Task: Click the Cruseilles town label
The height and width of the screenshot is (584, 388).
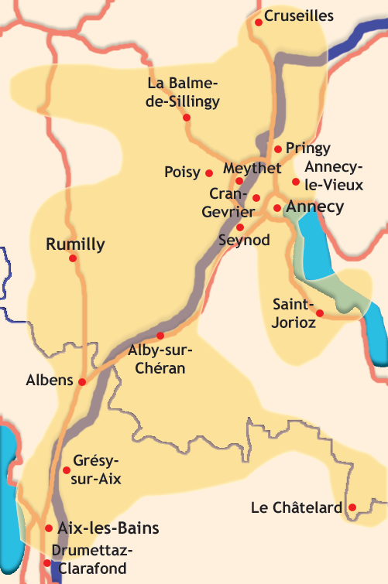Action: [x=299, y=15]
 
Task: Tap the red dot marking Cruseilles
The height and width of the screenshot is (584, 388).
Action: [x=259, y=22]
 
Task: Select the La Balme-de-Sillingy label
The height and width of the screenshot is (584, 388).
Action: [x=184, y=92]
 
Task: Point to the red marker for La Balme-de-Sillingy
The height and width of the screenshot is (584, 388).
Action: [x=187, y=118]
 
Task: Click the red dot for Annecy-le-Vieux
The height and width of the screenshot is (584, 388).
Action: [x=296, y=182]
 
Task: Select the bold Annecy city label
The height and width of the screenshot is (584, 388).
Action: [x=314, y=207]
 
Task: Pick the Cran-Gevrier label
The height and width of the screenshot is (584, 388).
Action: [x=227, y=200]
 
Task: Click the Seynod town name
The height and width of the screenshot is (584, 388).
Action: [x=244, y=241]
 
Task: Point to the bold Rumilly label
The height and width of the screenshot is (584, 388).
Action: [x=75, y=245]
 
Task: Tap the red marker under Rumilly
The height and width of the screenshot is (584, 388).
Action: [x=74, y=258]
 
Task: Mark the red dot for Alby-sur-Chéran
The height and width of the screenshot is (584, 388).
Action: [x=160, y=336]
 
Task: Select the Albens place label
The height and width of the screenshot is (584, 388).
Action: [x=50, y=381]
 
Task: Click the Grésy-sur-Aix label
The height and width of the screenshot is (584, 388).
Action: [x=97, y=470]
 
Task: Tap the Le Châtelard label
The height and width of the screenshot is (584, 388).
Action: [x=297, y=508]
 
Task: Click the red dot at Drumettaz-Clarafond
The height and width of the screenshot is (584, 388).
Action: [x=47, y=563]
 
